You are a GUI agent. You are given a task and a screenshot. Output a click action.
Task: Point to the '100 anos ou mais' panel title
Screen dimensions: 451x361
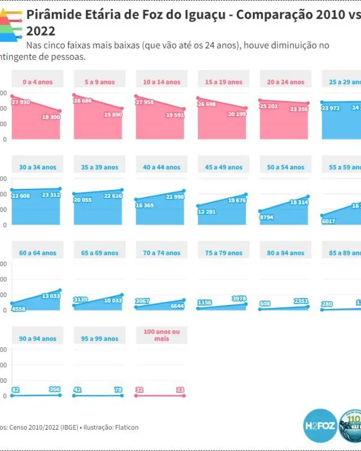coord(161,335)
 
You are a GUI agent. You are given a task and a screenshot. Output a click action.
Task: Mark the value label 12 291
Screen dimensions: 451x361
coord(206,211)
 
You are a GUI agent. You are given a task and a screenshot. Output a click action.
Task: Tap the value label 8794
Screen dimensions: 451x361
coord(266,216)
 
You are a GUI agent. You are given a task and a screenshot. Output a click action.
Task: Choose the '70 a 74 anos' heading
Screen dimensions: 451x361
coord(162,253)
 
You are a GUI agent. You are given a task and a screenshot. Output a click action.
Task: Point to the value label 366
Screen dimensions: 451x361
coord(55,389)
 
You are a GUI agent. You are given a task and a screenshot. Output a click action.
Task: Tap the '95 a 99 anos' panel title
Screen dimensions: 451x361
coord(100,339)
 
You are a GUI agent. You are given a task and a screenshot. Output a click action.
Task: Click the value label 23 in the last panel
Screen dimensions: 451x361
coord(180,389)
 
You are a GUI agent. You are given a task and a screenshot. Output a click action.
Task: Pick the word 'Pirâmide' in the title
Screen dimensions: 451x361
coord(53,15)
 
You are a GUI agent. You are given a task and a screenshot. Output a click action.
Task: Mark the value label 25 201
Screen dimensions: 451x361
coord(268,105)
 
